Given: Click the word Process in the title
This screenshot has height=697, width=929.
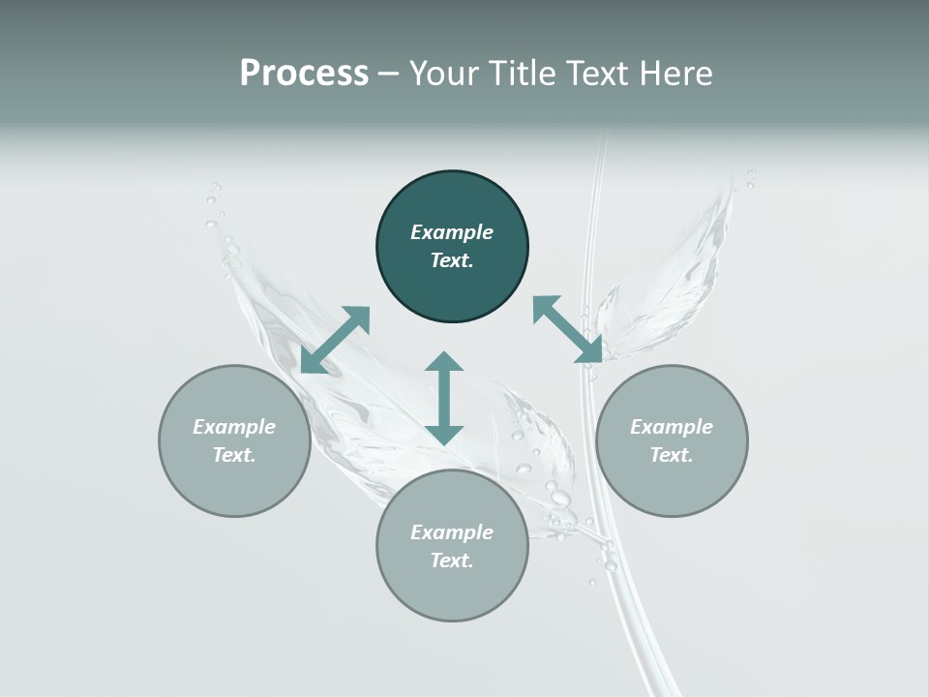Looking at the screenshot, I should click(304, 74).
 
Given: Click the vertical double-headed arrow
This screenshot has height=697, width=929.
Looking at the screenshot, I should click(444, 398).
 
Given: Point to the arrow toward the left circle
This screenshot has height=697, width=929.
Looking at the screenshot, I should click(335, 340).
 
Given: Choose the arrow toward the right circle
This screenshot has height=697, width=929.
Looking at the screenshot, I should click(568, 329).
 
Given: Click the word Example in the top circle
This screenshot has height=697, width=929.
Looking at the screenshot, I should click(452, 232).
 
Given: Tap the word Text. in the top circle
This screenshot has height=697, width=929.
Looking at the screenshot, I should click(452, 260).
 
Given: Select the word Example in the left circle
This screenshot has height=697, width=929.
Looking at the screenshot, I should click(234, 427).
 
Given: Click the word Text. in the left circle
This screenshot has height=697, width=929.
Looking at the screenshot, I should click(234, 455).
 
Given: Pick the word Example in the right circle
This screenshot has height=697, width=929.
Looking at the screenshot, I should click(672, 427).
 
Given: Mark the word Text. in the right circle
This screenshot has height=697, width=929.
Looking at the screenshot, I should click(672, 455).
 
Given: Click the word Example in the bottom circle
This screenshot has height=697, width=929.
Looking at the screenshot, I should click(452, 532).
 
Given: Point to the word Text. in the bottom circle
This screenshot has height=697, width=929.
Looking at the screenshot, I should click(452, 561).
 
